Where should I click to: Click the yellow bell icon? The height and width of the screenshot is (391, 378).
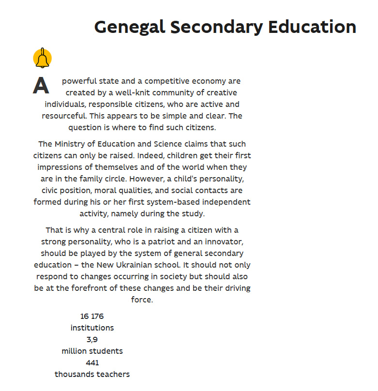pyautogui.click(x=42, y=58)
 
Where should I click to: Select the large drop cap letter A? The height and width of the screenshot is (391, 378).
pyautogui.click(x=41, y=86)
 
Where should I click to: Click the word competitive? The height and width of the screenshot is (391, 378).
pyautogui.click(x=170, y=81)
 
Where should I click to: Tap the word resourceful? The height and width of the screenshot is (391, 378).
pyautogui.click(x=64, y=116)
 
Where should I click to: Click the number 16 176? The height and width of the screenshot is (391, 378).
pyautogui.click(x=92, y=316)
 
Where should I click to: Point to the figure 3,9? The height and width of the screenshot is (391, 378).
pyautogui.click(x=92, y=340)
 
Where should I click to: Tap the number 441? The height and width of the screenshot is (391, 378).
pyautogui.click(x=92, y=363)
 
